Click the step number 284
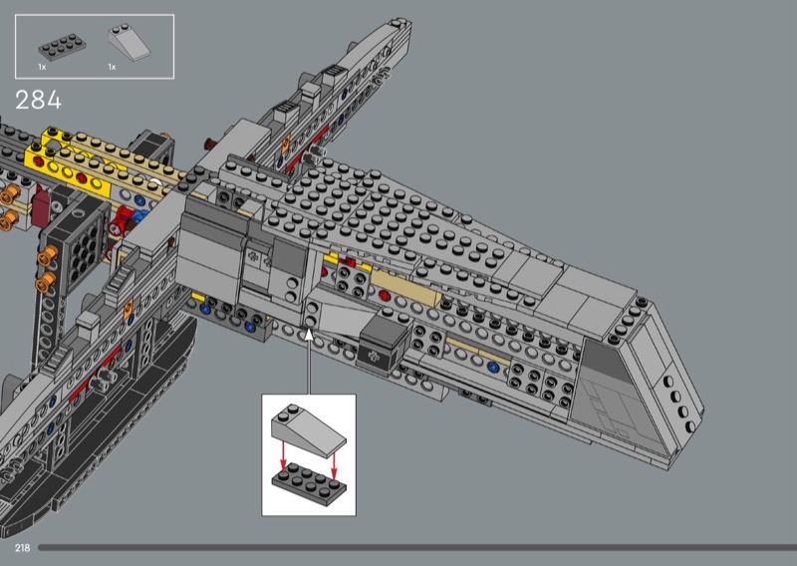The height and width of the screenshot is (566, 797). tap(38, 101)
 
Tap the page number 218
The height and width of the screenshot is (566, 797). tap(22, 548)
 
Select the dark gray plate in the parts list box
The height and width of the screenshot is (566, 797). tap(62, 47)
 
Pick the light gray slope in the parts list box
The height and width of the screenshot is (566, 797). tap(130, 42)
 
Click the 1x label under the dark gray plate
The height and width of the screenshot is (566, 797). tap(42, 67)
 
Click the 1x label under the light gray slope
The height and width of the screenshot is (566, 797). tap(112, 67)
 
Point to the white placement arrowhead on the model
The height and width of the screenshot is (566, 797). tap(309, 334)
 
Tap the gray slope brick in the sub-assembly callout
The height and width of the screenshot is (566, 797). tap(308, 429)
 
